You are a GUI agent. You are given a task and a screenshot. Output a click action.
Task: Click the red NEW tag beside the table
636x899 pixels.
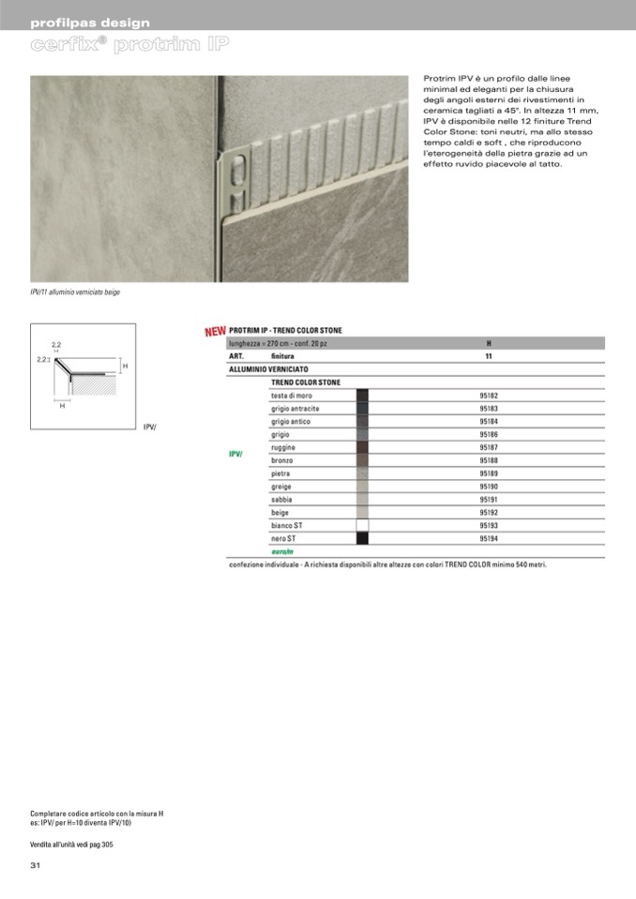pyautogui.click(x=215, y=331)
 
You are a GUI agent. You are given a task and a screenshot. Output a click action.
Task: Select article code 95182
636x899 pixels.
pyautogui.click(x=488, y=396)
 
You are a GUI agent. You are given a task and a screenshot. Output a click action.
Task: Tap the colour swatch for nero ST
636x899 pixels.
pyautogui.click(x=362, y=539)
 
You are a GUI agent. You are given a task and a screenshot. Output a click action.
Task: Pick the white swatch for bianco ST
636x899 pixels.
pyautogui.click(x=362, y=526)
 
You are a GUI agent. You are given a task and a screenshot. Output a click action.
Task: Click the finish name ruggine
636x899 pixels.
pyautogui.click(x=283, y=448)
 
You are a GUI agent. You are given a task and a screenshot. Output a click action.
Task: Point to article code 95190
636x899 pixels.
pyautogui.click(x=488, y=487)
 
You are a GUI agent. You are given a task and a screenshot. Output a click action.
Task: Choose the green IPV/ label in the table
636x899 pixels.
pyautogui.click(x=235, y=455)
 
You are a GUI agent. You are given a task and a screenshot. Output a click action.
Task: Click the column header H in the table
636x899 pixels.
pyautogui.click(x=488, y=344)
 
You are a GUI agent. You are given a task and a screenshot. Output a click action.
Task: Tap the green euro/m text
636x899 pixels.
pyautogui.click(x=282, y=552)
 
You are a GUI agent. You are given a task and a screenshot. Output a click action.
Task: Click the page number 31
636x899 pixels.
pyautogui.click(x=36, y=864)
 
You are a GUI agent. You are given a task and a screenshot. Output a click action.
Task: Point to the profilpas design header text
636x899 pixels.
pyautogui.click(x=89, y=22)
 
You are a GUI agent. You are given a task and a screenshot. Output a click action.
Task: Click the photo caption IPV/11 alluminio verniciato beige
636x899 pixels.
pyautogui.click(x=75, y=292)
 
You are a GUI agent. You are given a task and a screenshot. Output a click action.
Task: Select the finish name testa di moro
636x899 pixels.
pyautogui.click(x=292, y=396)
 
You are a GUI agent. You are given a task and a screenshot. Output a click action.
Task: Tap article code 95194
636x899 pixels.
pyautogui.click(x=488, y=539)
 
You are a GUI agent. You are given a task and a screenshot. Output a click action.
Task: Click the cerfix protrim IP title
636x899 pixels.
pyautogui.click(x=130, y=45)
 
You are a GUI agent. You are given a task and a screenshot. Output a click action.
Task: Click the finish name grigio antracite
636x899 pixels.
pyautogui.click(x=295, y=409)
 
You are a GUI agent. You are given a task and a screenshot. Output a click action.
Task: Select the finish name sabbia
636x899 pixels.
pyautogui.click(x=281, y=500)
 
